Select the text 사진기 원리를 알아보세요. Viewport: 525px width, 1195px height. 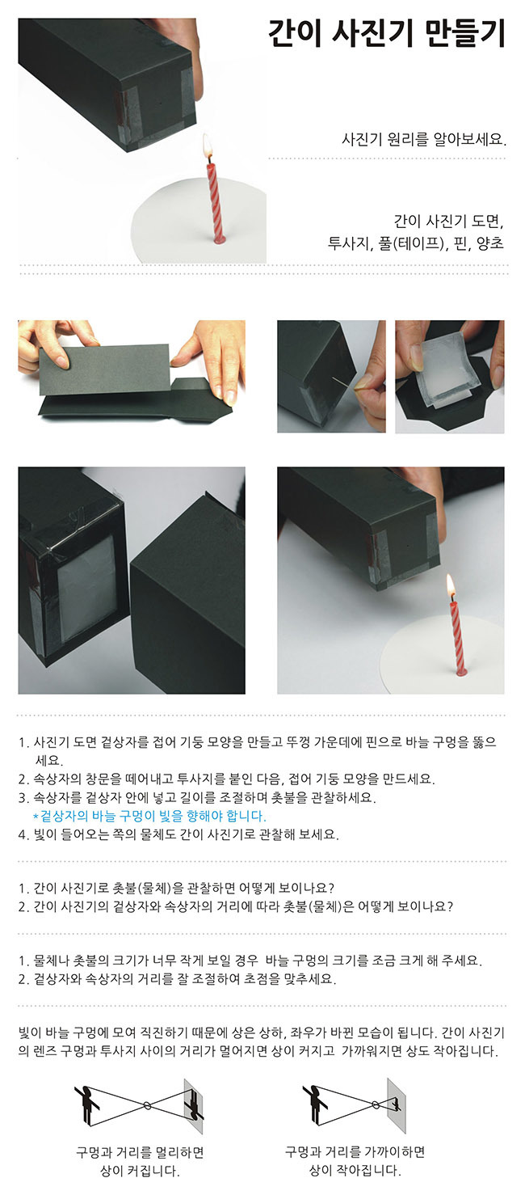click(x=424, y=140)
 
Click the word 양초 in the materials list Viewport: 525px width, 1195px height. click(x=489, y=243)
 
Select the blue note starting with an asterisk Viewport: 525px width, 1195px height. click(x=149, y=816)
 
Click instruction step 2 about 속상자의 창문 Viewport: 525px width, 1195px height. click(x=226, y=779)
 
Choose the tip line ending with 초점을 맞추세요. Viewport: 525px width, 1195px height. click(x=178, y=979)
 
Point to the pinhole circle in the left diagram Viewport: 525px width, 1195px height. click(x=146, y=1104)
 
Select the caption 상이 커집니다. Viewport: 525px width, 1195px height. click(x=140, y=1172)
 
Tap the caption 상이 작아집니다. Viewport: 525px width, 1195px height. click(x=355, y=1171)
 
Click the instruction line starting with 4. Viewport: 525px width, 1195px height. click(x=178, y=834)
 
